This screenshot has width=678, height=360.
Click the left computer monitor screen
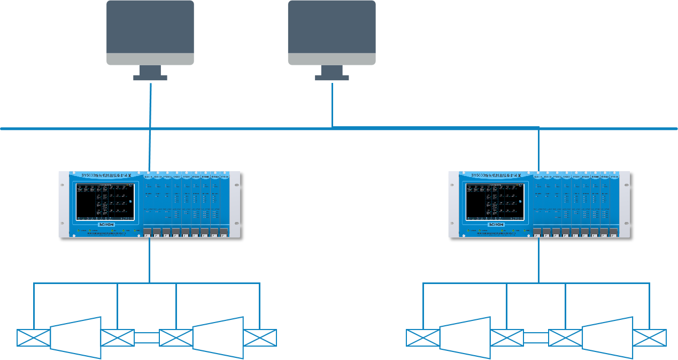pyautogui.click(x=150, y=27)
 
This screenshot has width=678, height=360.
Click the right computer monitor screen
pyautogui.click(x=332, y=27)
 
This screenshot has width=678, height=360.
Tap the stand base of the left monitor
pyautogui.click(x=150, y=78)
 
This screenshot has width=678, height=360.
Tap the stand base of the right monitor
pyautogui.click(x=332, y=78)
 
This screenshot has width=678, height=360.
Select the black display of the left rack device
pyautogui.click(x=104, y=202)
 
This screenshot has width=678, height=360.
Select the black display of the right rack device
pyautogui.click(x=494, y=202)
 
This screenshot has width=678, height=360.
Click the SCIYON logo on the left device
pyautogui.click(x=106, y=225)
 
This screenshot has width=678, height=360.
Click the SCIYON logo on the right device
pyautogui.click(x=496, y=225)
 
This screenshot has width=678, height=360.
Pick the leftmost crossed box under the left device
pyautogui.click(x=33, y=338)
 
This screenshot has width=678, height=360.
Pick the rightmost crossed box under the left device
pyautogui.click(x=260, y=338)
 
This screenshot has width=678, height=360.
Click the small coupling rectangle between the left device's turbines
pyautogui.click(x=147, y=338)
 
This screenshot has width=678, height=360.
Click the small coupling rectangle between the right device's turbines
pyautogui.click(x=536, y=338)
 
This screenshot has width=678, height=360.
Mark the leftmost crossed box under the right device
pyautogui.click(x=422, y=338)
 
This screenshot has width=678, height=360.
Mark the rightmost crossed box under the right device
pyautogui.click(x=650, y=338)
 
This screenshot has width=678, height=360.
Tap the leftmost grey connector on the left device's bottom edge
pyautogui.click(x=147, y=232)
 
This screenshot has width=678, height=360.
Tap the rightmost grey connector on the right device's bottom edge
pyautogui.click(x=614, y=232)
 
